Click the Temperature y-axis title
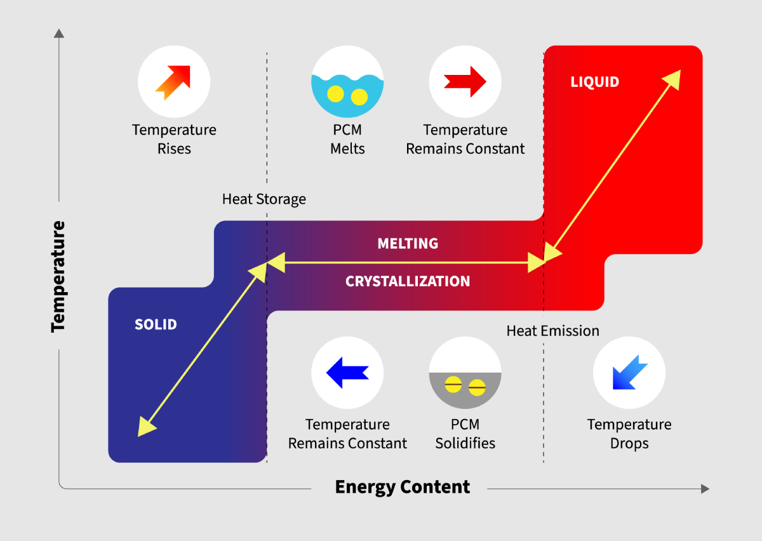click(x=58, y=276)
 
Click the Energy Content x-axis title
click(x=402, y=487)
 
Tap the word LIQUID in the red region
click(x=594, y=82)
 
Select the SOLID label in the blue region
click(x=156, y=324)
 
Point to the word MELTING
click(x=408, y=244)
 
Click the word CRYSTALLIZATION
click(x=408, y=281)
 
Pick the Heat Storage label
click(x=264, y=199)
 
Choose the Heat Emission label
click(x=552, y=331)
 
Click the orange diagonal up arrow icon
click(x=173, y=82)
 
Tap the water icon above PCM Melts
click(x=347, y=82)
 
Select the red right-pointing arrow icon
click(x=465, y=81)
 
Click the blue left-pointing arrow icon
click(x=347, y=372)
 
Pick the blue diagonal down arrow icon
click(x=629, y=373)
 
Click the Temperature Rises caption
click(x=174, y=140)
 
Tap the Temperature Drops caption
click(x=629, y=434)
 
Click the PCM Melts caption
click(x=347, y=140)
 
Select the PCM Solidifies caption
click(x=465, y=434)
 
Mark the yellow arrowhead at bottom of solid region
click(x=145, y=427)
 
